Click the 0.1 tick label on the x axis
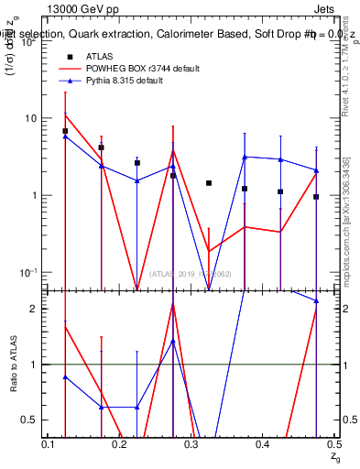[x=49, y=444]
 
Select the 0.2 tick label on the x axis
[x=121, y=444]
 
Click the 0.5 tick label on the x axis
[x=333, y=444]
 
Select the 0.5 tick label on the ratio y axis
[x=35, y=420]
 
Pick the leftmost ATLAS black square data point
[x=65, y=131]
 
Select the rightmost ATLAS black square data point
[x=316, y=197]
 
